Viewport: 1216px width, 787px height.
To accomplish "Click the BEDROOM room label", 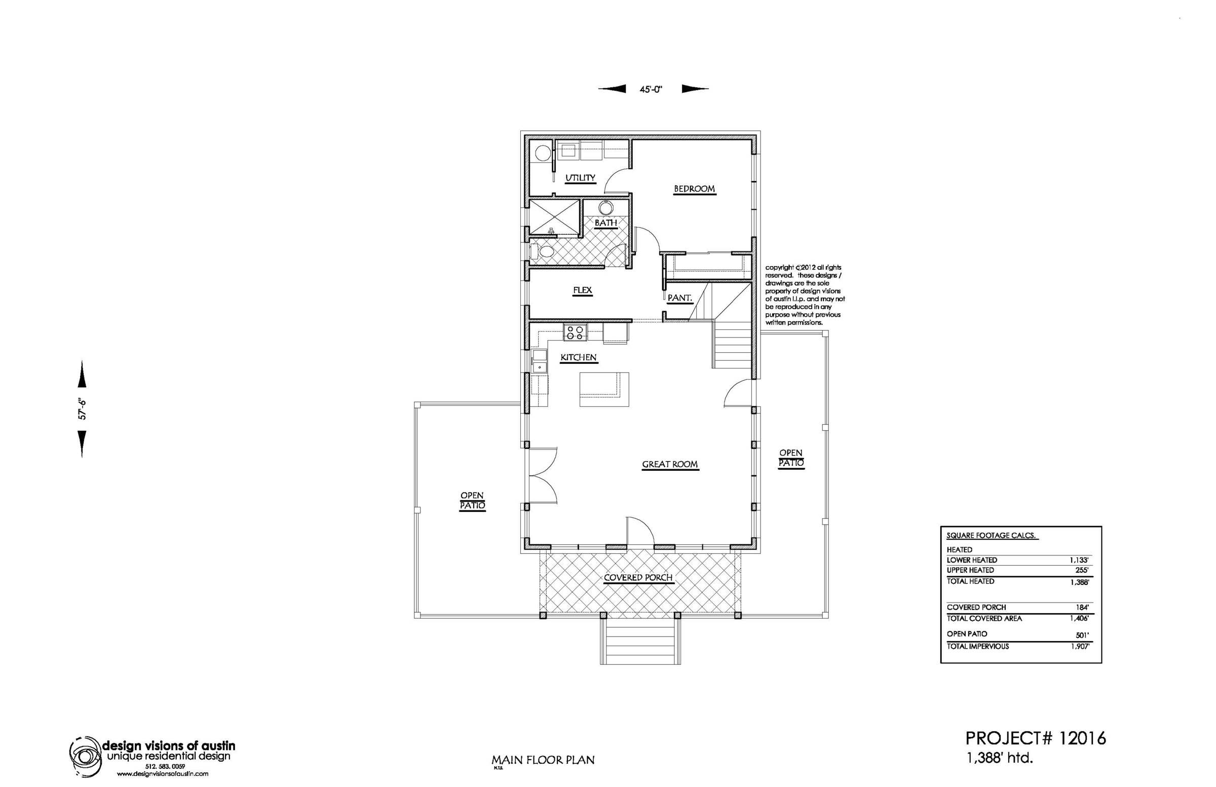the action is (694, 189).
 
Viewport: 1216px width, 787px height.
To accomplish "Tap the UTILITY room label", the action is (580, 178).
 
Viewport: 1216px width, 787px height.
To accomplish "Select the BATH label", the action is (605, 223).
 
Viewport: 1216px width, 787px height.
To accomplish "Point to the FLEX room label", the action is (583, 290).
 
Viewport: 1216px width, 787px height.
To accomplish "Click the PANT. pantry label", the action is (679, 297).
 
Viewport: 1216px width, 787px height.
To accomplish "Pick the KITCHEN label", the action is (579, 358).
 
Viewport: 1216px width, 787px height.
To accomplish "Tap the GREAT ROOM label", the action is (670, 465).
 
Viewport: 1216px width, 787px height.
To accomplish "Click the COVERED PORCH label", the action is (638, 578).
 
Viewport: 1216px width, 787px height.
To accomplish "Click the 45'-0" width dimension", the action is (651, 89).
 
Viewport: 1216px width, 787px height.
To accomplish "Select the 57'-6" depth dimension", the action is (82, 409).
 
